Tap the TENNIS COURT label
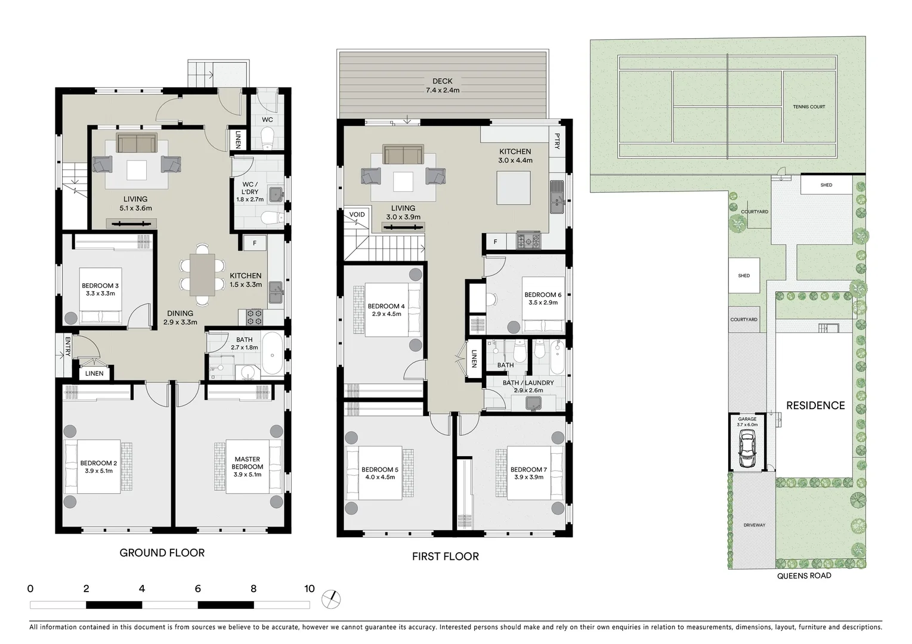[x=809, y=107]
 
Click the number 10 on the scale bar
[x=308, y=589]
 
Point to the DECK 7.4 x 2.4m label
[x=443, y=85]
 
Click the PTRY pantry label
[x=557, y=141]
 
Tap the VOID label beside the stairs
[x=357, y=215]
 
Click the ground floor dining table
[x=202, y=275]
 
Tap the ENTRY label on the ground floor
[x=67, y=346]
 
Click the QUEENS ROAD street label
[x=803, y=575]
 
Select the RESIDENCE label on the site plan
[x=815, y=405]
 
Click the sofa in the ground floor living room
[x=137, y=144]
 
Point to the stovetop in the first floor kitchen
[x=528, y=241]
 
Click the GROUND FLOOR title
[x=162, y=553]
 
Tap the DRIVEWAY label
[x=754, y=525]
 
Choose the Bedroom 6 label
[x=542, y=299]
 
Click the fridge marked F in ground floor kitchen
[x=255, y=243]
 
